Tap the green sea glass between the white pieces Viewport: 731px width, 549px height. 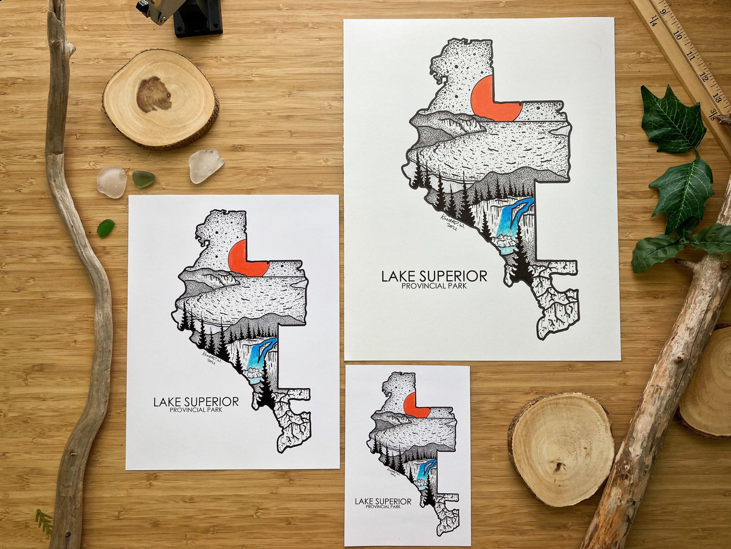click(143, 179)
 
